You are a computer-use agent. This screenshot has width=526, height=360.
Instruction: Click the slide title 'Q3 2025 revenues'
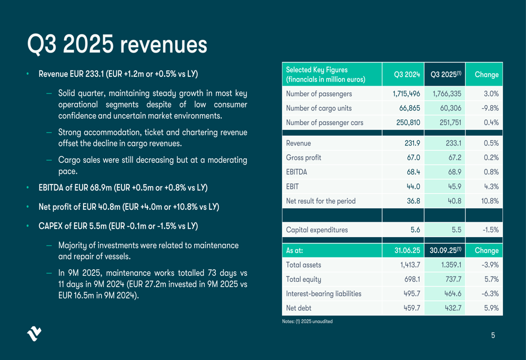[117, 45]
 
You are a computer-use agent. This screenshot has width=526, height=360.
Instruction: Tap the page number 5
[493, 335]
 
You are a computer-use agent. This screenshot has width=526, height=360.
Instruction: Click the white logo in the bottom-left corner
[34, 334]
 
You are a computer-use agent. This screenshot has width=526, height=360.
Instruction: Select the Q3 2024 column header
[407, 75]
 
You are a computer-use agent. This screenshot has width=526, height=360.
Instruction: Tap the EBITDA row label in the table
[297, 172]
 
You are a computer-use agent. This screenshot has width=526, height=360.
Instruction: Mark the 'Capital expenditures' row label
[317, 230]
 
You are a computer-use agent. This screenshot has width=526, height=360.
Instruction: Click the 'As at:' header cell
[295, 250]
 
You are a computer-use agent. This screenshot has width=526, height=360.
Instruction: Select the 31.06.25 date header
[407, 250]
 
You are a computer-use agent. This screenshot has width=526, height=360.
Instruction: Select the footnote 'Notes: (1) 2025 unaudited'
[307, 321]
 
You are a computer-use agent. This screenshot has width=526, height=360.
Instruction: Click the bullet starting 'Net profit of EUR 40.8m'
[129, 207]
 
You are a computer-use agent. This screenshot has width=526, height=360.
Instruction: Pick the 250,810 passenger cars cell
[406, 122]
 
